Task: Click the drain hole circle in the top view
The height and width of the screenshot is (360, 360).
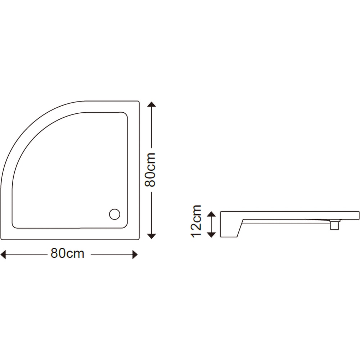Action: [x=114, y=214]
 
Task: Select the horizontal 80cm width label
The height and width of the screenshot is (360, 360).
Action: [x=67, y=253]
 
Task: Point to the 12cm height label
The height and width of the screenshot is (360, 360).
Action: [x=196, y=221]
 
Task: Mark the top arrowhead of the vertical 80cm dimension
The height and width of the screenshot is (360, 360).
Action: [x=152, y=105]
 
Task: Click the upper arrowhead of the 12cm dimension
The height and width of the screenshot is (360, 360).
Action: [x=211, y=214]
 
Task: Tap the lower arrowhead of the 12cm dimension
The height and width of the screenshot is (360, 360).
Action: [x=211, y=235]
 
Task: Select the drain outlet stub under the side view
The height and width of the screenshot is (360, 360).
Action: [x=335, y=226]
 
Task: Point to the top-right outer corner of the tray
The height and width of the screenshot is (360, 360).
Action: [x=138, y=102]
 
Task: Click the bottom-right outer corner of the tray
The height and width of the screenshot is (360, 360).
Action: [x=138, y=239]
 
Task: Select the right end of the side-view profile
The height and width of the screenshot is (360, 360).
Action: [x=358, y=215]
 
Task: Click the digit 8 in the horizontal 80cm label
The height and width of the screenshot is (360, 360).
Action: [x=54, y=253]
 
